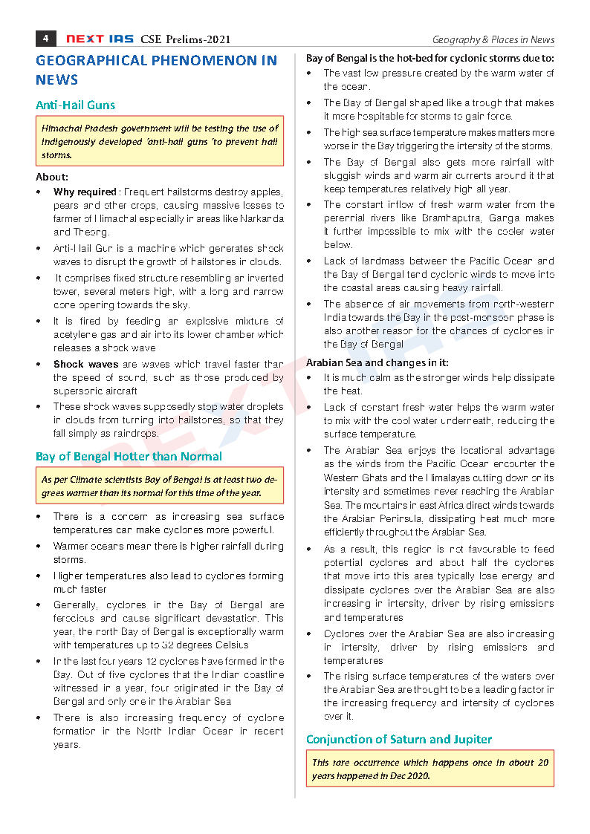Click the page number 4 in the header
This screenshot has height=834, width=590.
pyautogui.click(x=45, y=39)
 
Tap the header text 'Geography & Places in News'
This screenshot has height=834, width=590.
pyautogui.click(x=493, y=39)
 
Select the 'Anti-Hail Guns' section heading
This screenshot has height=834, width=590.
pyautogui.click(x=75, y=105)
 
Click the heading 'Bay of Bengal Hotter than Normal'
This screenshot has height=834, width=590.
pyautogui.click(x=129, y=456)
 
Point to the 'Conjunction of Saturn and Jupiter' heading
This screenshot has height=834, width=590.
pyautogui.click(x=398, y=739)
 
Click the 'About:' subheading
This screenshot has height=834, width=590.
pyautogui.click(x=52, y=177)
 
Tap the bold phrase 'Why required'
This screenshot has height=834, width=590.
pyautogui.click(x=85, y=192)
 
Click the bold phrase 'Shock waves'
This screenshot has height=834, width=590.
pyautogui.click(x=85, y=364)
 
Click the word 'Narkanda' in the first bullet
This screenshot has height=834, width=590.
pyautogui.click(x=261, y=218)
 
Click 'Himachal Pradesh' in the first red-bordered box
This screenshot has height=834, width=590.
pyautogui.click(x=77, y=128)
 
